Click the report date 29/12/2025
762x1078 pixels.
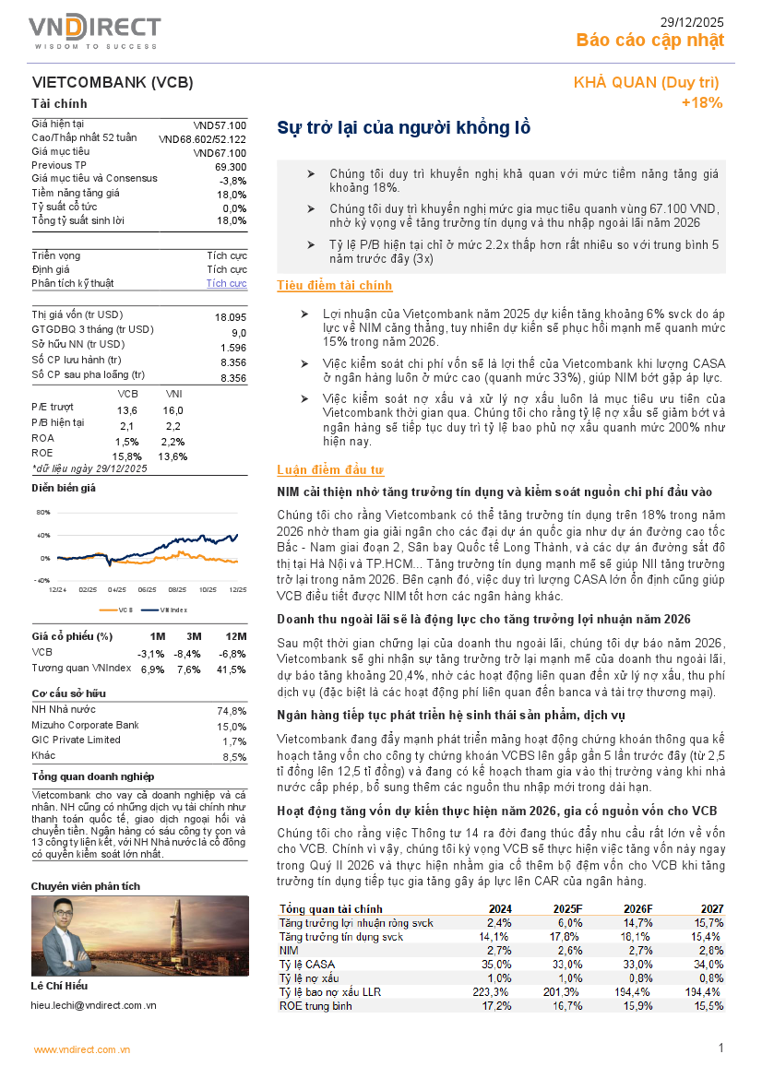pos(692,21)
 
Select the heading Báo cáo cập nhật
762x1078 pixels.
pos(650,40)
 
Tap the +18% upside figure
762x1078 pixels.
pos(702,102)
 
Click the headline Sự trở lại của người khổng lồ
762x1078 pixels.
pos(404,128)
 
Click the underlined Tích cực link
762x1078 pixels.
pos(226,283)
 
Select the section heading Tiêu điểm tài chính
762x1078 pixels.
pos(335,286)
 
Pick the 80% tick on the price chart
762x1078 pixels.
pos(43,512)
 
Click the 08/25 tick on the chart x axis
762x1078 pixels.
pos(176,588)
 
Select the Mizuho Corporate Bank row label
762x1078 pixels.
pos(85,726)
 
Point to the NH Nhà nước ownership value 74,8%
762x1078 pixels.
pos(231,712)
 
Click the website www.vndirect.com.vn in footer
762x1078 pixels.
pos(82,1049)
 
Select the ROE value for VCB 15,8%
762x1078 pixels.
pos(126,456)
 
